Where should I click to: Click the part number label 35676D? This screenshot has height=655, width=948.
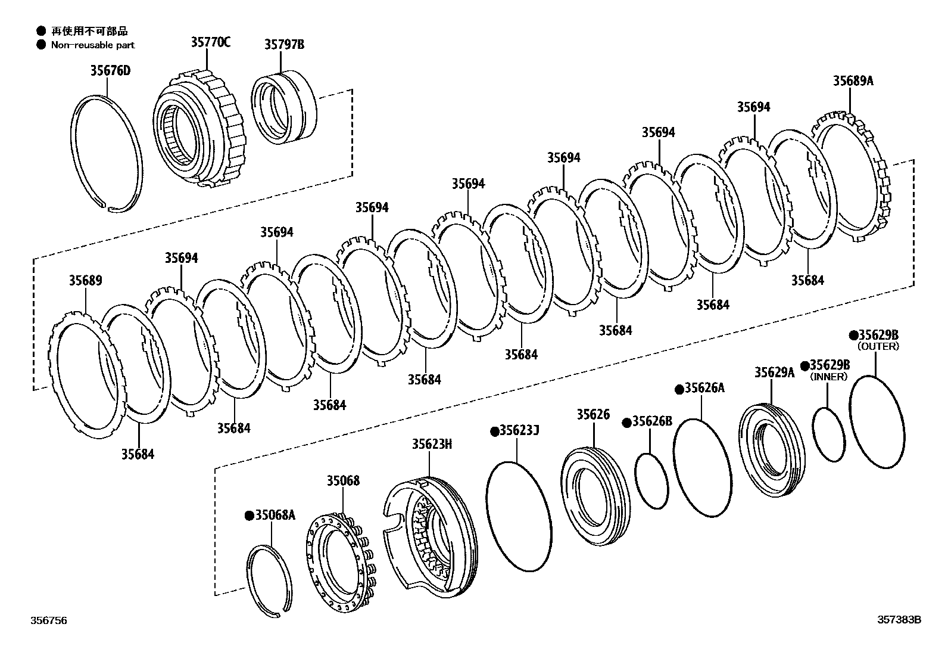pyautogui.click(x=110, y=71)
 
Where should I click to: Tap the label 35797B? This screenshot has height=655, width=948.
pyautogui.click(x=284, y=44)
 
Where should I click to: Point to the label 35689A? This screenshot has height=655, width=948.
pyautogui.click(x=853, y=81)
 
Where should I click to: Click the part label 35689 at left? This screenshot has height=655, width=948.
pyautogui.click(x=85, y=281)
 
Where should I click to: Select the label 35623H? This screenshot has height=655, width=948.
pyautogui.click(x=432, y=444)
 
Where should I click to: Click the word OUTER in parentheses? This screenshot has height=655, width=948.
pyautogui.click(x=878, y=346)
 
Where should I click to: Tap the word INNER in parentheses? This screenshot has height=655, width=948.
pyautogui.click(x=829, y=377)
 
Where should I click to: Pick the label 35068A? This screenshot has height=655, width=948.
pyautogui.click(x=275, y=515)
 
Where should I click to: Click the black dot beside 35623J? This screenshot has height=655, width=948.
pyautogui.click(x=494, y=431)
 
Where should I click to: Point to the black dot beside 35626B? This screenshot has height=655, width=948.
pyautogui.click(x=626, y=423)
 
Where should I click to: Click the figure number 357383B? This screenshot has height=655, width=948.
pyautogui.click(x=899, y=620)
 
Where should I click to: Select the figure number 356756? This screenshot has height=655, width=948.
pyautogui.click(x=49, y=620)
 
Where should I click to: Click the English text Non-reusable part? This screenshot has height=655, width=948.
pyautogui.click(x=92, y=45)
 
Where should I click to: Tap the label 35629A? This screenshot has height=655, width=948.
pyautogui.click(x=774, y=372)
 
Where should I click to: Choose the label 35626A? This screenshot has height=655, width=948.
pyautogui.click(x=704, y=388)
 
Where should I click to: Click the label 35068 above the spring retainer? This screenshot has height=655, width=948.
pyautogui.click(x=342, y=480)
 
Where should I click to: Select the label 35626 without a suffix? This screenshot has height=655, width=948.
pyautogui.click(x=592, y=415)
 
